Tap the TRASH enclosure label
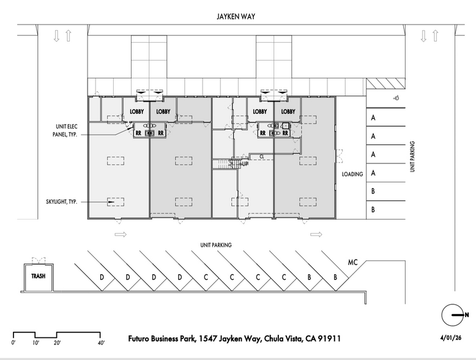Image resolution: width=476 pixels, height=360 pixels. point(38,276)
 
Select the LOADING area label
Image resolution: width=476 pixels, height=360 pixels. point(352,174)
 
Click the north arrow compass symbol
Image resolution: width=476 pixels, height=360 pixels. point(453,315)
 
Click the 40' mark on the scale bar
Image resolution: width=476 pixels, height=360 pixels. point(101,342)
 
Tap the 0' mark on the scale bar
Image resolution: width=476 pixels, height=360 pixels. point(14,342)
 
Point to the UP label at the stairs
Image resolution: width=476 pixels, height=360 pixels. point(245,164)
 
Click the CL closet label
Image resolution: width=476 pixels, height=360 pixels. point(261,157)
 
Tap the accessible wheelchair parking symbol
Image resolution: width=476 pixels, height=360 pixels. point(396,97)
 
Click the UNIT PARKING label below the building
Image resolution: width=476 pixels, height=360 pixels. point(216,245)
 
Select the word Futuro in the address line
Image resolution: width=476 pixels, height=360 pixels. point(143,339)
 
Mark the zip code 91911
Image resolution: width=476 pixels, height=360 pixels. point(327,339)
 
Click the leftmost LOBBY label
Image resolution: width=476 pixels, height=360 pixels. point(137,112)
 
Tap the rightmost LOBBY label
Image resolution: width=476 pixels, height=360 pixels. point(288,112)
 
